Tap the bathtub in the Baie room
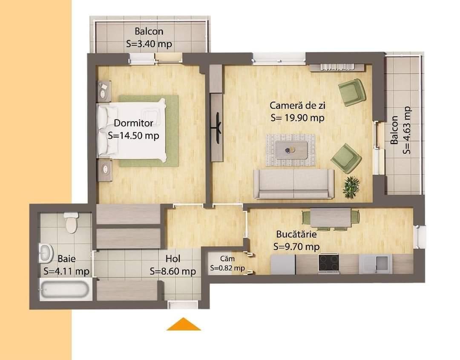click(65, 289)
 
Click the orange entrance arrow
click(184, 324)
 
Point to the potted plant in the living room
click(351, 187)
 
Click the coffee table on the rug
click(291, 150)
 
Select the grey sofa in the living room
click(293, 183)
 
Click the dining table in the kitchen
click(331, 217)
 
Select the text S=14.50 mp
click(133, 136)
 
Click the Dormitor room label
click(133, 123)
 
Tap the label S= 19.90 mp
click(297, 118)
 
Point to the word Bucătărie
click(296, 234)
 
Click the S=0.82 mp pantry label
click(227, 268)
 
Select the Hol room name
click(173, 259)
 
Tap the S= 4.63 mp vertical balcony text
click(408, 130)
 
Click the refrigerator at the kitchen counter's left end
click(283, 263)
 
